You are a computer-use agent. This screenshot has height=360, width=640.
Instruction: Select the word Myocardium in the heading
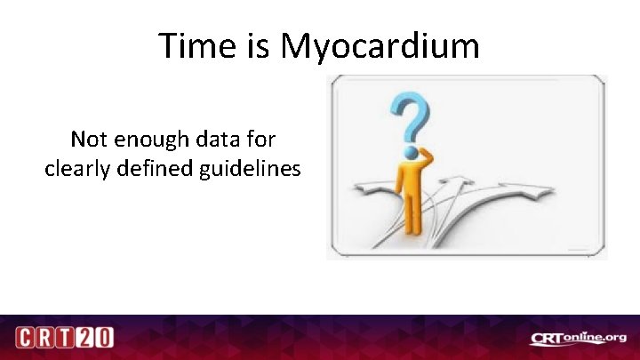(x=380, y=47)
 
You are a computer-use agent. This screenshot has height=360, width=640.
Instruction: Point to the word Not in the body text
(x=88, y=140)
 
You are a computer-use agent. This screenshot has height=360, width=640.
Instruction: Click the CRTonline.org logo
(x=578, y=338)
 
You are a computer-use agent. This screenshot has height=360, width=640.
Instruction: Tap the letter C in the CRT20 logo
(x=27, y=339)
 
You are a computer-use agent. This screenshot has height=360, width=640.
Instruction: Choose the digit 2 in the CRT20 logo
(x=85, y=339)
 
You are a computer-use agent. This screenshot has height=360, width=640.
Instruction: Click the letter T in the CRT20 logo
(x=65, y=339)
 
